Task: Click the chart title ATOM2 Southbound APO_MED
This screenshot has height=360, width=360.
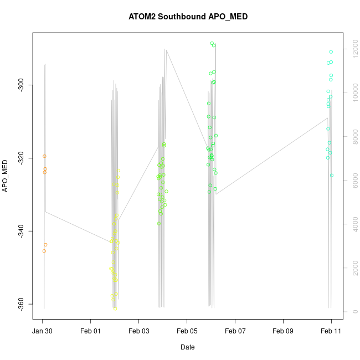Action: click(188, 17)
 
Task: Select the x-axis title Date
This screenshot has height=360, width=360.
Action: click(188, 347)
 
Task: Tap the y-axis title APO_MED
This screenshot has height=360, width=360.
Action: click(6, 176)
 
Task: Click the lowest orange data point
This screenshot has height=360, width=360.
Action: click(44, 251)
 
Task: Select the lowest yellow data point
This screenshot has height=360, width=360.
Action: click(115, 308)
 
